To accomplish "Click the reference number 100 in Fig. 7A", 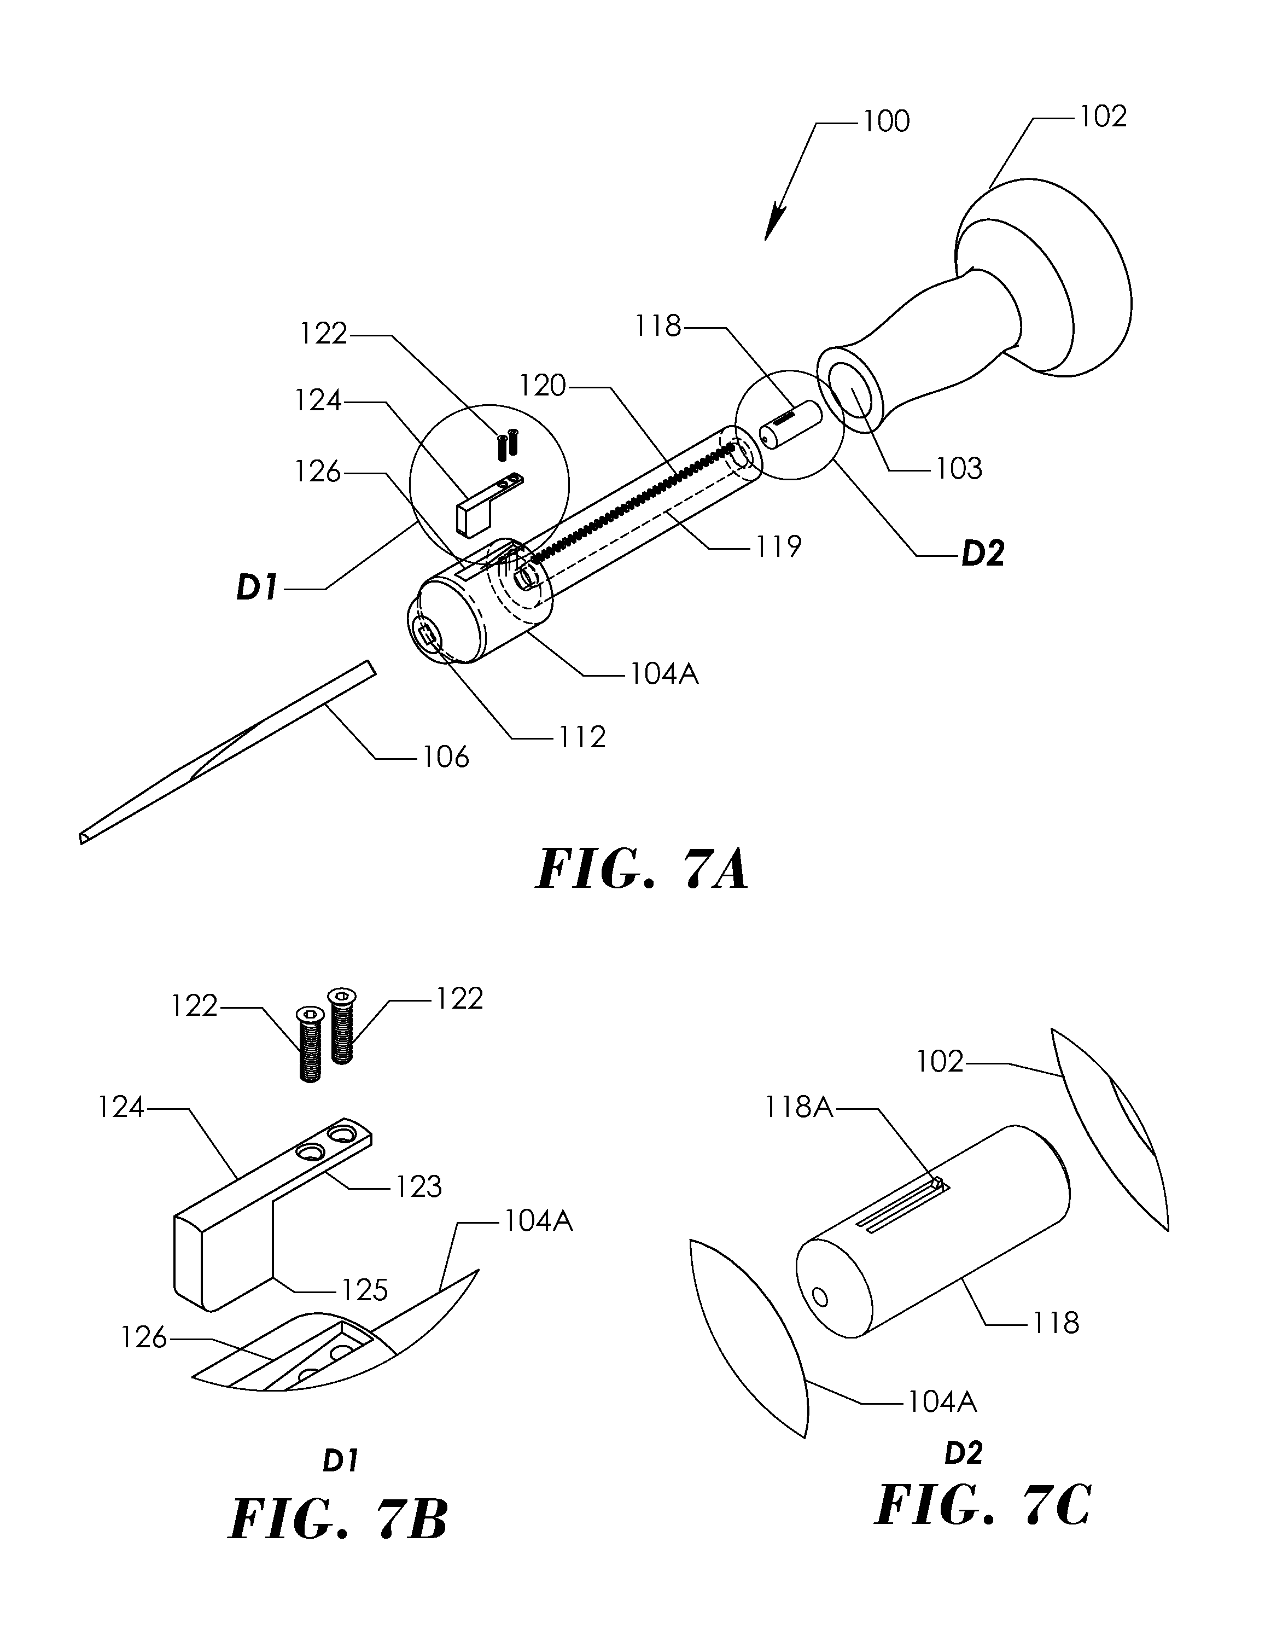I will (x=887, y=121).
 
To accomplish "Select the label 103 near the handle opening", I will (x=959, y=469).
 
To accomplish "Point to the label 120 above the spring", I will (x=543, y=386).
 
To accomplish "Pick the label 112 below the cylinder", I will (x=581, y=737).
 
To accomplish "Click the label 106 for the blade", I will (x=445, y=757).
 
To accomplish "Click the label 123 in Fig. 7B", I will (x=418, y=1186).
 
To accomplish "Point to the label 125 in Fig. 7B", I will (x=364, y=1290).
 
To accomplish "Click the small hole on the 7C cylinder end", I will (x=820, y=1297).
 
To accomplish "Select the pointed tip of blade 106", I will (x=81, y=839).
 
